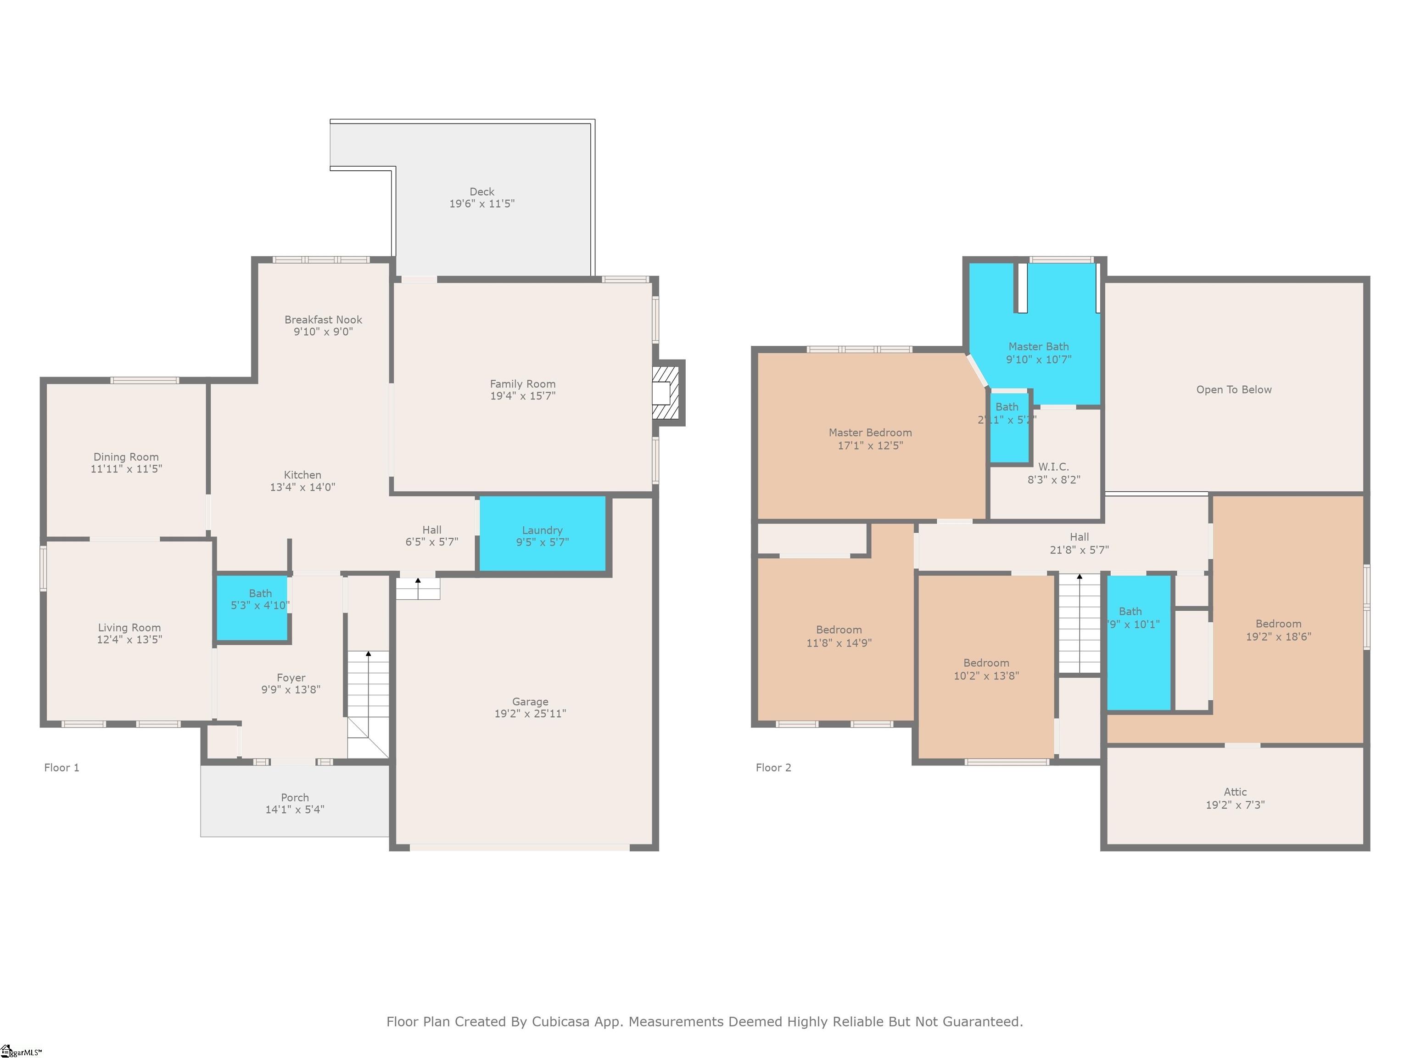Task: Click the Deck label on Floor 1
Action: coord(481,192)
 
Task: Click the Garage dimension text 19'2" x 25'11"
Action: coord(530,714)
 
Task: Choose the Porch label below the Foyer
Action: coord(295,798)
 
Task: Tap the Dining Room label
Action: coord(126,456)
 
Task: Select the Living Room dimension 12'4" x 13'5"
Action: coord(129,640)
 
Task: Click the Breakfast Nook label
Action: coord(323,320)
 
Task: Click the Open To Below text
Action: coord(1233,390)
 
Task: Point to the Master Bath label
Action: coord(1038,346)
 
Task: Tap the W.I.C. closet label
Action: coord(1053,467)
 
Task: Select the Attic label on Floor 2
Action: coord(1235,792)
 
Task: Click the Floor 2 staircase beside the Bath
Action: coord(1079,625)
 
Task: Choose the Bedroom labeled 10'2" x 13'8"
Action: coord(985,669)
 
